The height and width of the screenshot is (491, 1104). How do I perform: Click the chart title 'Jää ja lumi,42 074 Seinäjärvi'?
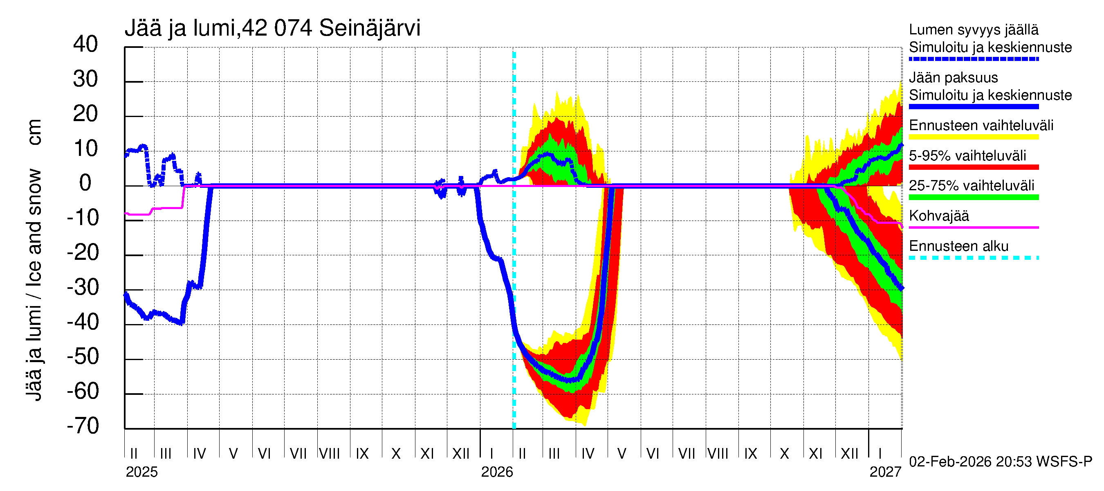pyautogui.click(x=273, y=28)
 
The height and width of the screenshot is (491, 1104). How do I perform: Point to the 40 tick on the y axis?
pyautogui.click(x=85, y=44)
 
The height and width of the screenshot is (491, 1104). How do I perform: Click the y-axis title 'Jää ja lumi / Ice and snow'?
pyautogui.click(x=34, y=285)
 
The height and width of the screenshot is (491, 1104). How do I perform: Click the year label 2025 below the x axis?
pyautogui.click(x=141, y=472)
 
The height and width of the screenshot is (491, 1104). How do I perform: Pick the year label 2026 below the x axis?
pyautogui.click(x=497, y=472)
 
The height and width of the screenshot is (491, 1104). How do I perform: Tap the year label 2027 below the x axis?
pyautogui.click(x=885, y=472)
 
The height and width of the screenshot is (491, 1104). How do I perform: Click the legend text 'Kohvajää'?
pyautogui.click(x=939, y=216)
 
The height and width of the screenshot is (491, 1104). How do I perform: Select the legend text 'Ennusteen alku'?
pyautogui.click(x=959, y=246)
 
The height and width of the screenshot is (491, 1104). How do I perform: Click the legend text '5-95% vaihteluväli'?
pyautogui.click(x=967, y=155)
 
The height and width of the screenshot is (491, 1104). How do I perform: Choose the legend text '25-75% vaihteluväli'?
pyautogui.click(x=972, y=185)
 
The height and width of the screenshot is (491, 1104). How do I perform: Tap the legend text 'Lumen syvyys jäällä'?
pyautogui.click(x=974, y=29)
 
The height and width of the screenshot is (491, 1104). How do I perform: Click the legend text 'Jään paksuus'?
pyautogui.click(x=954, y=78)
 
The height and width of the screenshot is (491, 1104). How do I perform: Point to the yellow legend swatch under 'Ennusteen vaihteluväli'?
pyautogui.click(x=974, y=137)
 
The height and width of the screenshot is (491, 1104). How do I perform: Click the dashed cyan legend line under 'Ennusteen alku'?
pyautogui.click(x=974, y=258)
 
